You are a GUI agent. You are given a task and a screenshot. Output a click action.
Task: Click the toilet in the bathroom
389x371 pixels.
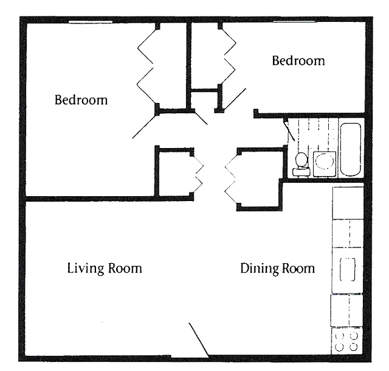pos(300,163)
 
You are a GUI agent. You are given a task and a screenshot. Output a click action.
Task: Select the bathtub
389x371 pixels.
pos(350,149)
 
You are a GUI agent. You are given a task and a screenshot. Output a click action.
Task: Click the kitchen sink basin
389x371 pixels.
pos(347,269)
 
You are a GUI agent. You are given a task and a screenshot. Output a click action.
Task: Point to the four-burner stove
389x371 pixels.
pos(346,341)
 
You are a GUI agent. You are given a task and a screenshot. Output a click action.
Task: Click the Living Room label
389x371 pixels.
pos(104,268)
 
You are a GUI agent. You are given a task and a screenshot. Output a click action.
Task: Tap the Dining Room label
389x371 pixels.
pos(277,268)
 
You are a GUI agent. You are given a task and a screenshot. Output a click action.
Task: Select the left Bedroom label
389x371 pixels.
pos(81,100)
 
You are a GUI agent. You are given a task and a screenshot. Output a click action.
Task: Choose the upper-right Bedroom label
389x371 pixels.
pos(298,61)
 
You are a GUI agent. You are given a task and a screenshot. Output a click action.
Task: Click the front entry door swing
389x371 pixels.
pos(199,340)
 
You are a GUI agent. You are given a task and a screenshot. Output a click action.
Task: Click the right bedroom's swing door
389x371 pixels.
pos(233,101)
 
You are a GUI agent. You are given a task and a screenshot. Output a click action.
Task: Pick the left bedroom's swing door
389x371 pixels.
pos(145,126)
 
